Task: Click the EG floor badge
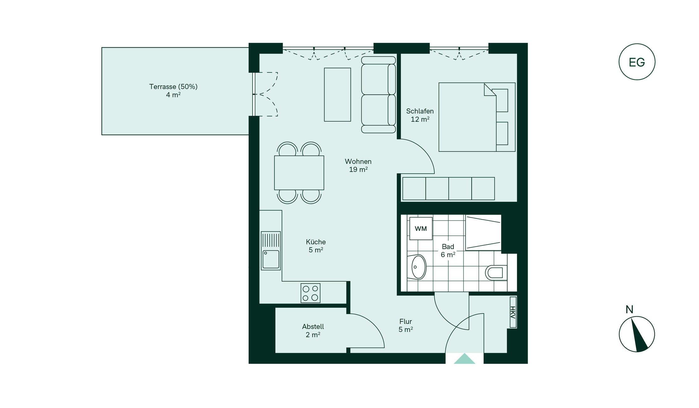pyautogui.click(x=637, y=62)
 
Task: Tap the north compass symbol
pyautogui.click(x=637, y=334)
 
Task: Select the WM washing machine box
pyautogui.click(x=421, y=228)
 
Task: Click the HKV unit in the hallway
pyautogui.click(x=513, y=312)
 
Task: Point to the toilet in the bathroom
pyautogui.click(x=496, y=272)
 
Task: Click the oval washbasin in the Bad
pyautogui.click(x=419, y=267)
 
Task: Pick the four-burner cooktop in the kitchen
pyautogui.click(x=310, y=293)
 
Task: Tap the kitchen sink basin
pyautogui.click(x=271, y=259)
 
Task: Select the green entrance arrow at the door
pyautogui.click(x=464, y=359)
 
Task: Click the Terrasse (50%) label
pyautogui.click(x=173, y=87)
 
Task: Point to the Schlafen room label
pyautogui.click(x=420, y=111)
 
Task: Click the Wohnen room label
pyautogui.click(x=358, y=161)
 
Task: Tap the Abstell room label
pyautogui.click(x=313, y=327)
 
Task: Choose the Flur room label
pyautogui.click(x=405, y=321)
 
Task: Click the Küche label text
pyautogui.click(x=316, y=242)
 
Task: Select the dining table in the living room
pyautogui.click(x=299, y=173)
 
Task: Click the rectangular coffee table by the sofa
pyautogui.click(x=337, y=94)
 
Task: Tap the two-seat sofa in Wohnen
pyautogui.click(x=379, y=95)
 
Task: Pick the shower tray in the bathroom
pyautogui.click(x=483, y=233)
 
